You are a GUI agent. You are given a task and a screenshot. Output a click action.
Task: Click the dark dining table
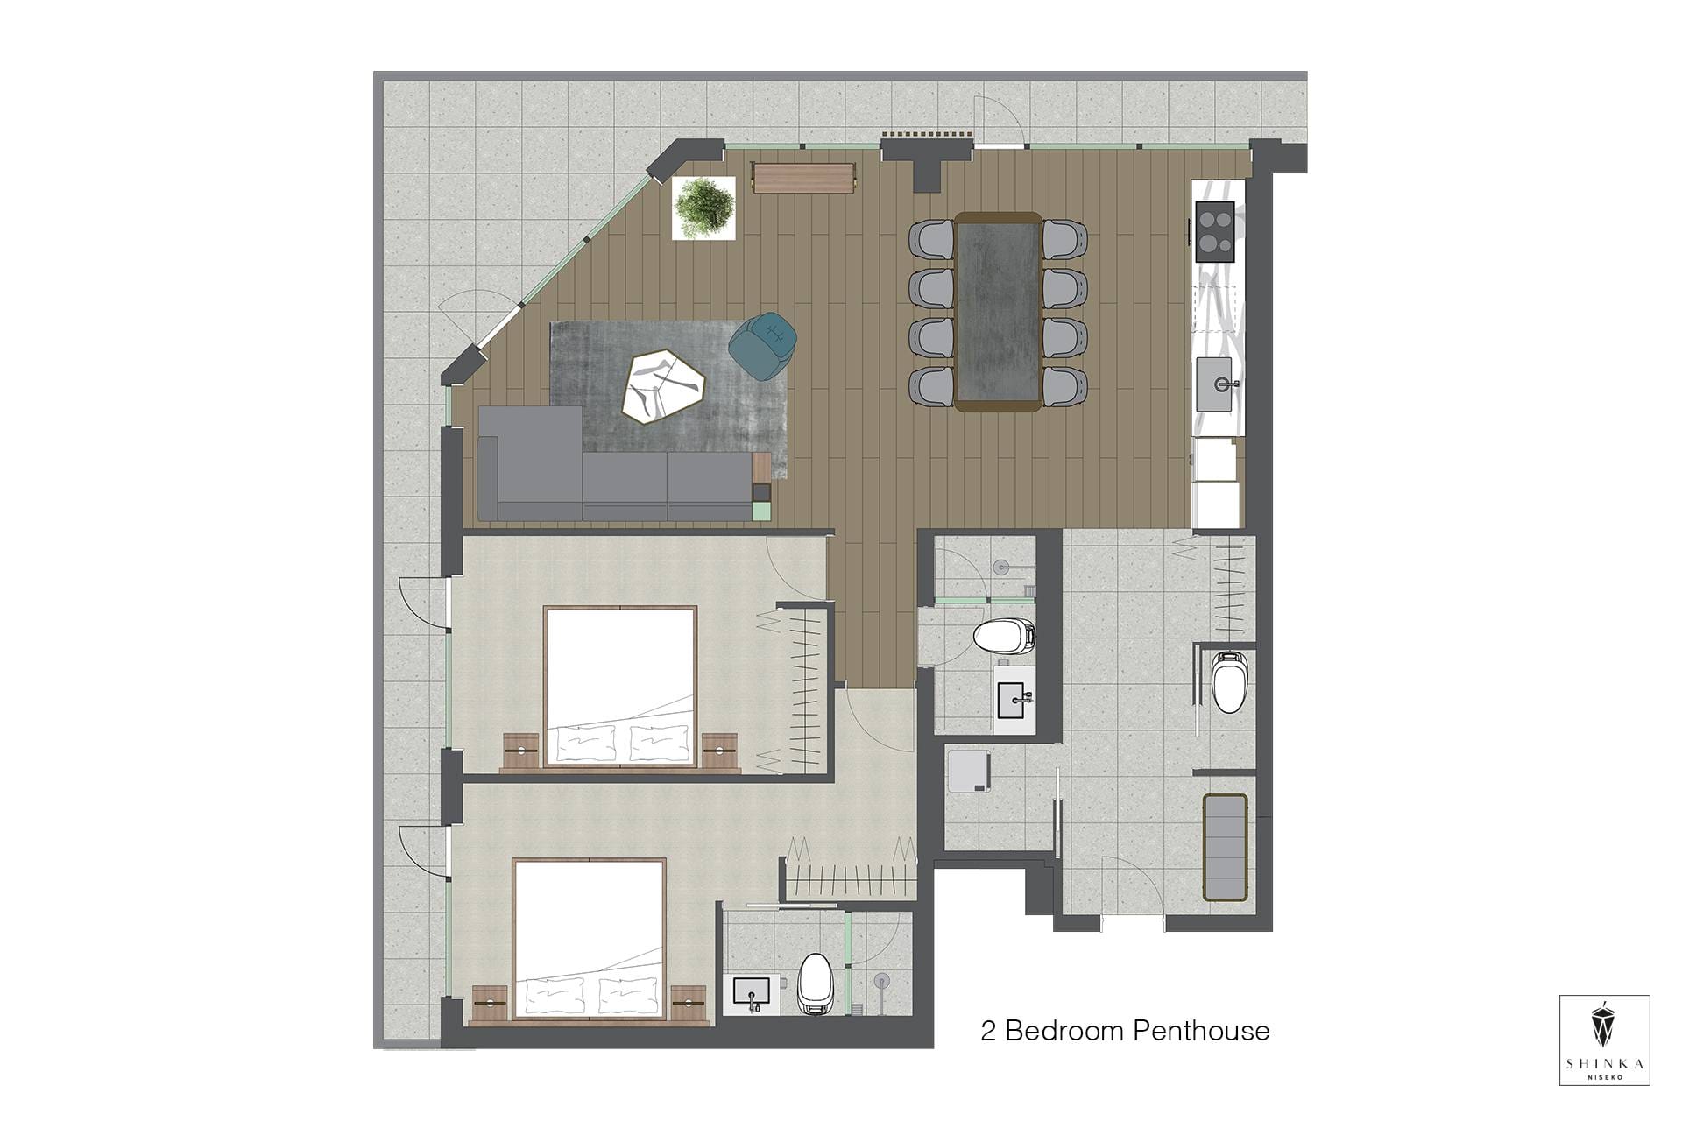pos(998,311)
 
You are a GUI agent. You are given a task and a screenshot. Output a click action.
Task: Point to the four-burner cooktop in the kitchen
pos(1215,231)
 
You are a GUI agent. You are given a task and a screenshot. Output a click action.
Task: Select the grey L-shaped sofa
pos(615,464)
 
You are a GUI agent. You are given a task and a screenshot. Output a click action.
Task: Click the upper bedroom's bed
pos(620,687)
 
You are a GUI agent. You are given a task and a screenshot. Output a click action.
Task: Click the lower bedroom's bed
pos(589,940)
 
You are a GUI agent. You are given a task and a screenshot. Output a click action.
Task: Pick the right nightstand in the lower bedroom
pos(689,1004)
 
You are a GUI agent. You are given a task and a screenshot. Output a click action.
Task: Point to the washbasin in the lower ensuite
pos(752,992)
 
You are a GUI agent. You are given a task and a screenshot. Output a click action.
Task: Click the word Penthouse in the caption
pos(1201,1031)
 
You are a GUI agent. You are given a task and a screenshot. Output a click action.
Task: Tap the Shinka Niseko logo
pos(1605,1040)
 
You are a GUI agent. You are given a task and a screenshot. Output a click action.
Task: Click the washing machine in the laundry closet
pos(969,771)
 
